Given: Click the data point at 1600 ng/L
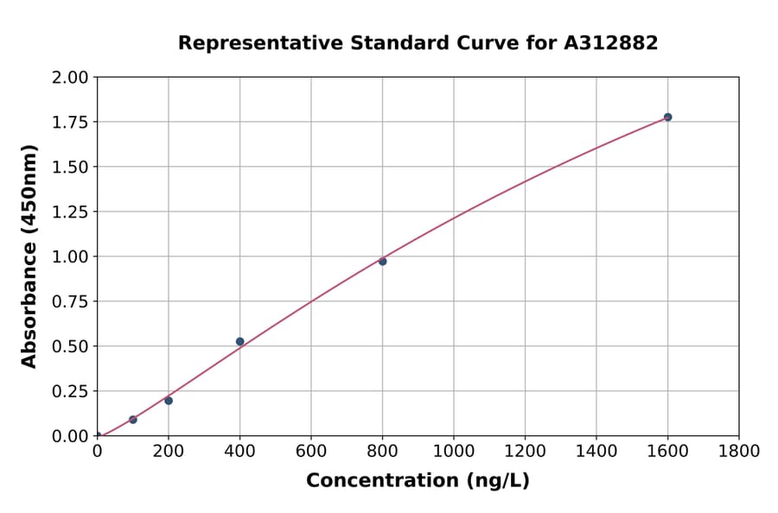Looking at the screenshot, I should coord(667,117).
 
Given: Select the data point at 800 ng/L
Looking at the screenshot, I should coord(382,261).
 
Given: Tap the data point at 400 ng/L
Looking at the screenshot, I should coord(239,341).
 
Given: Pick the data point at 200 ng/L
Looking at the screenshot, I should coord(169,401).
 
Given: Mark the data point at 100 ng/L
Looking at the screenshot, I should coord(132,420).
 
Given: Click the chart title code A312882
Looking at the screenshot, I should coord(611,43).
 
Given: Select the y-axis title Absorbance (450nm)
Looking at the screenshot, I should coord(29,256).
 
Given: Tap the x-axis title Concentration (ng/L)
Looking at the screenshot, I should coord(418,481).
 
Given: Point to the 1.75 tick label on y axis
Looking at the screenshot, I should coord(69,122).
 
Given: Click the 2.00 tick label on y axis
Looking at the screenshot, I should coord(69,77).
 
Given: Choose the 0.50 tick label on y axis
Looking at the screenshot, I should coord(69,346).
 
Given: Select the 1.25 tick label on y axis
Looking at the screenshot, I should coord(69,212).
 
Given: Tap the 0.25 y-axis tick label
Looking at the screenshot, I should coord(69,391).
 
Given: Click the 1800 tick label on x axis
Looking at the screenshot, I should coord(738,451).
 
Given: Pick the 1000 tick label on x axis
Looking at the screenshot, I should coord(453,451).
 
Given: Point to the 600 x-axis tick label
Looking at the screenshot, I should coord(311,451).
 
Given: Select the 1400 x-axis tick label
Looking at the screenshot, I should coord(596,451).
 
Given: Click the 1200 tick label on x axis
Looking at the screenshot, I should coord(525,451).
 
